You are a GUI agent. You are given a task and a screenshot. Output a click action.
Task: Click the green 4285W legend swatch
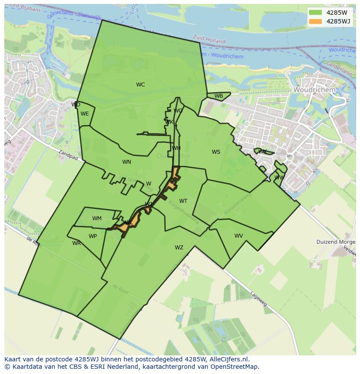coord(316,13)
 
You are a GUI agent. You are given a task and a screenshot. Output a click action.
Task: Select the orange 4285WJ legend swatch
coord(316,21)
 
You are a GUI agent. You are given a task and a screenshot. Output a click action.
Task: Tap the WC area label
coord(140,85)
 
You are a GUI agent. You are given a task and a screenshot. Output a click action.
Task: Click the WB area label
coord(219,96)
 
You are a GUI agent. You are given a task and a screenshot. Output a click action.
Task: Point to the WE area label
coord(85,114)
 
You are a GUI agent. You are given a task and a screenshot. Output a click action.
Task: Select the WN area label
coord(127,162)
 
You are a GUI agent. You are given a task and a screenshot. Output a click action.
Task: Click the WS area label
coord(216,152)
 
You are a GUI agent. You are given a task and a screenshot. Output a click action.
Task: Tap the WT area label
coord(183,201)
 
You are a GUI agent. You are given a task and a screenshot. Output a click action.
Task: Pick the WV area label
coord(239,236)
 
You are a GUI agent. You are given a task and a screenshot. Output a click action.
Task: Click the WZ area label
coord(179,248)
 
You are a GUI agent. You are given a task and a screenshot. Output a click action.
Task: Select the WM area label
coord(97,218)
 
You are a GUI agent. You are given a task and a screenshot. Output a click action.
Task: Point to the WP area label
coord(93,236)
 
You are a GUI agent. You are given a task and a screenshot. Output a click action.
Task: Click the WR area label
coord(77,243)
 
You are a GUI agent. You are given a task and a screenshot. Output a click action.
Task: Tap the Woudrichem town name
coord(314,90)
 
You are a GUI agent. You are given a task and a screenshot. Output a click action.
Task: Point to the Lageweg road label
coord(258,299)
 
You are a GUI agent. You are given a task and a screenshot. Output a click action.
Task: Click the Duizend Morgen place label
coord(335,242)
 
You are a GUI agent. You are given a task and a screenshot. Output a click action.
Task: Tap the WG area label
coord(178,111)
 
